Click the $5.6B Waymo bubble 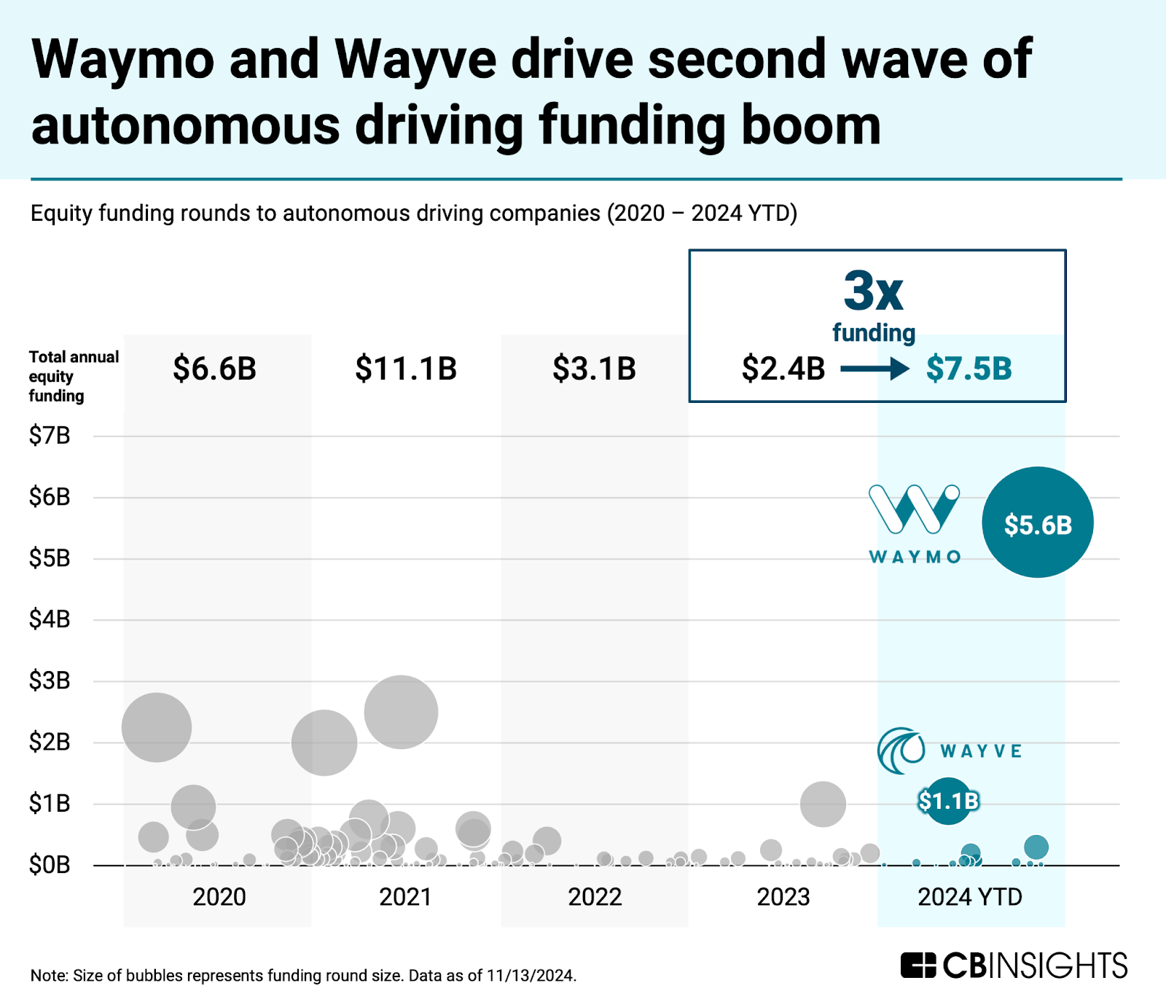pos(1037,522)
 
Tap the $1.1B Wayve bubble pos(947,801)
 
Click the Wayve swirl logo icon pos(901,750)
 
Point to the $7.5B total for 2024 pos(969,369)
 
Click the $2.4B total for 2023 pos(783,369)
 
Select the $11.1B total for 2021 pos(406,369)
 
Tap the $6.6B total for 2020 pos(214,369)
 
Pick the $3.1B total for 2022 pos(594,369)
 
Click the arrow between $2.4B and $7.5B pos(874,369)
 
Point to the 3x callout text pos(873,291)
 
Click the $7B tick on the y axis pos(50,436)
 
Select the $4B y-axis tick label pos(50,619)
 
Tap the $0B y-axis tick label pos(50,865)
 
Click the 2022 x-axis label pos(595,896)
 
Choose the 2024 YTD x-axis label pos(970,896)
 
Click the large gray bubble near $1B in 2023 pos(823,804)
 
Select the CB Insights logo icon pos(917,965)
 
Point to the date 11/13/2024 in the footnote pos(531,976)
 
